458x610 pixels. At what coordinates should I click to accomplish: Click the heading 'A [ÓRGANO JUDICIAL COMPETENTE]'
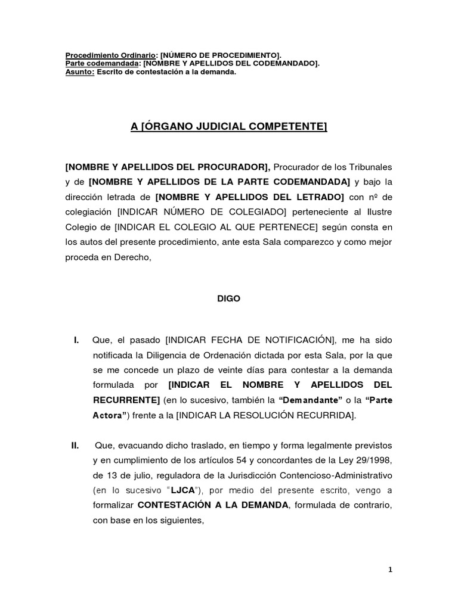tap(229, 127)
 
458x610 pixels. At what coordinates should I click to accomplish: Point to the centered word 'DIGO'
tap(228, 299)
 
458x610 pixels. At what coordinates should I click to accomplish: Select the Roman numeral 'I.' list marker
tap(76, 340)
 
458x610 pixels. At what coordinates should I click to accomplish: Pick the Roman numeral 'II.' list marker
tap(76, 445)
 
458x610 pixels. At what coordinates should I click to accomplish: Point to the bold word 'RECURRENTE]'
tap(126, 400)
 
